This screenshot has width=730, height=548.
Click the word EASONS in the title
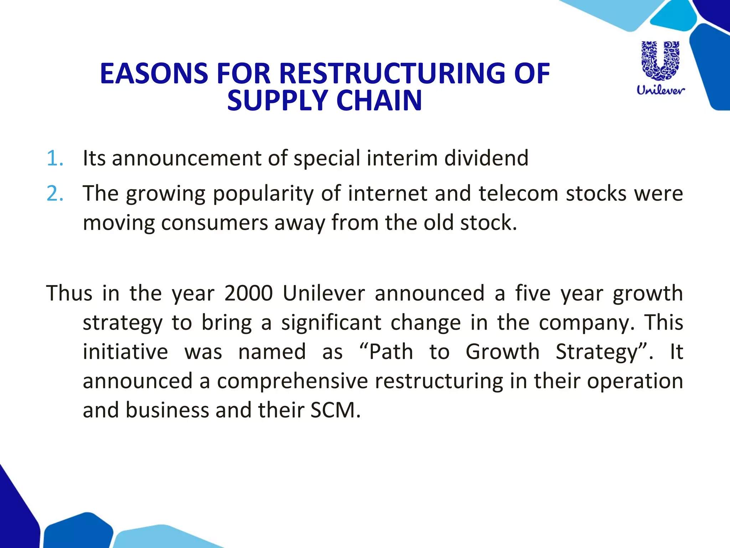(154, 73)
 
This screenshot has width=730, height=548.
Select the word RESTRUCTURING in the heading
(392, 73)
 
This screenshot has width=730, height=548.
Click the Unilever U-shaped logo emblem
(660, 61)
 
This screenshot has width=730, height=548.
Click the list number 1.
(55, 158)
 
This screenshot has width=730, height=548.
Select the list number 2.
(55, 194)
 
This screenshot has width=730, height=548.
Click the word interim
(402, 158)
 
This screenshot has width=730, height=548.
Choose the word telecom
(519, 194)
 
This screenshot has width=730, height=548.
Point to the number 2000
(249, 293)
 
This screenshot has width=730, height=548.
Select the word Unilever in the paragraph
(324, 293)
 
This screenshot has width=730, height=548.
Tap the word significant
(331, 323)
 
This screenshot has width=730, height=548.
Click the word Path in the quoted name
(391, 352)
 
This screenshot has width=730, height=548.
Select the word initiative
(125, 352)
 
